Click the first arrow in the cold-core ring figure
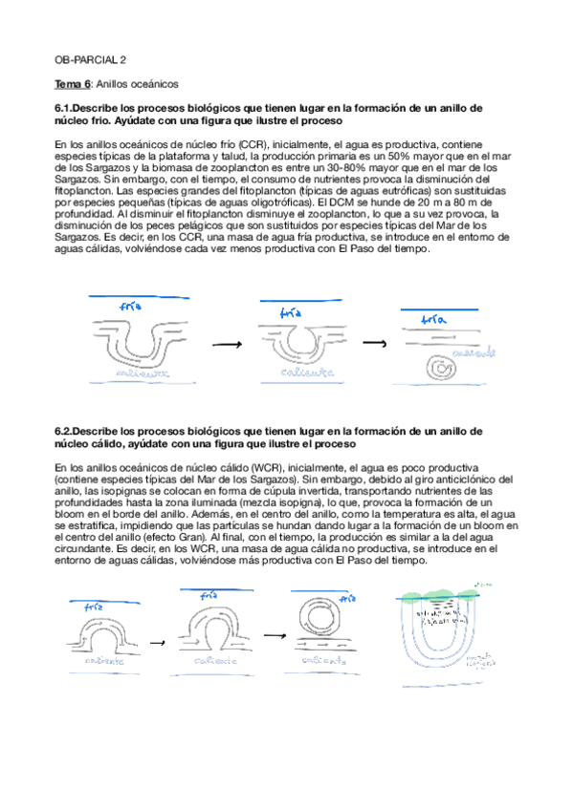point(226,342)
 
